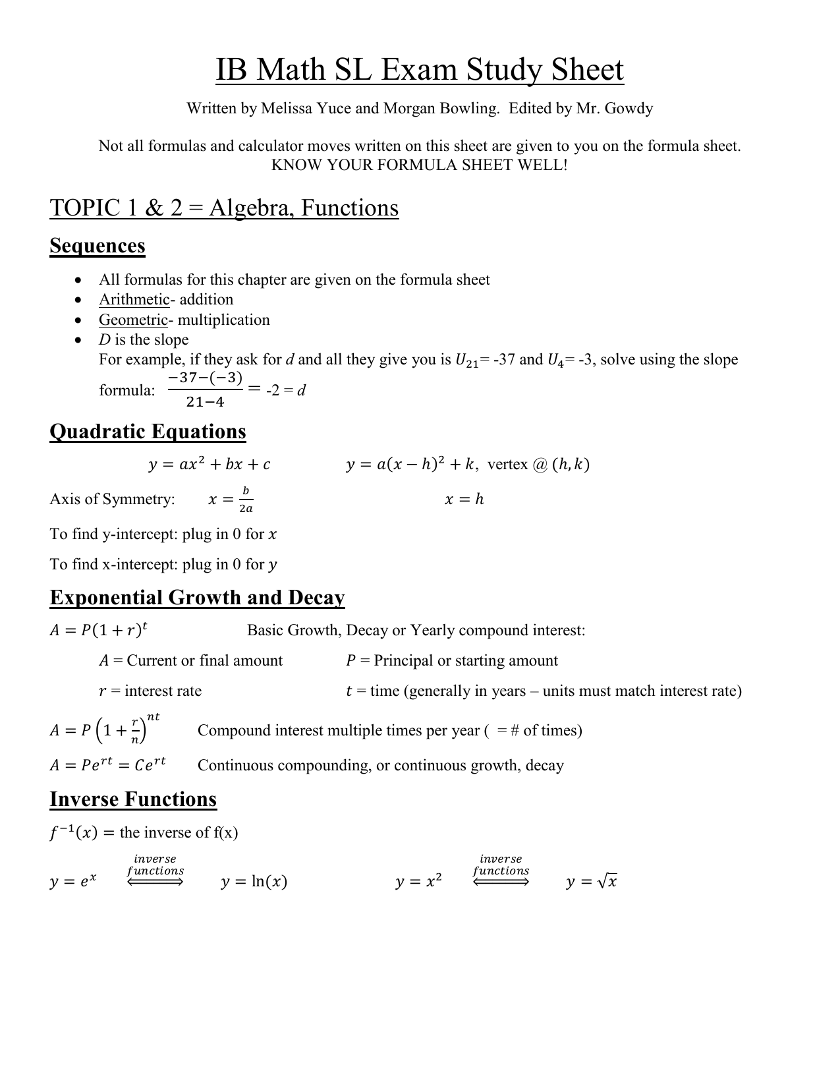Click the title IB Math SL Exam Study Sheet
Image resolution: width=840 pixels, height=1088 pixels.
[x=420, y=71]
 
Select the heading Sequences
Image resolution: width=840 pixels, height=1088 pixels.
[x=98, y=246]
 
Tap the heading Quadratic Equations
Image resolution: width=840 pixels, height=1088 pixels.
[x=148, y=432]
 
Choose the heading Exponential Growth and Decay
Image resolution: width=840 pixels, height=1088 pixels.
[x=197, y=598]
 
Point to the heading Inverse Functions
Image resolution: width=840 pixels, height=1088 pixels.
[x=133, y=799]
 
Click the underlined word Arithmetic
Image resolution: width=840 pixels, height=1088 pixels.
[x=134, y=300]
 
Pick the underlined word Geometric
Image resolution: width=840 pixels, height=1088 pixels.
[x=133, y=320]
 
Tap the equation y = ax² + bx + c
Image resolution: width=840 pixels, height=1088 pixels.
[x=210, y=465]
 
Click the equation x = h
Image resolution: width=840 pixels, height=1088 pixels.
[x=464, y=500]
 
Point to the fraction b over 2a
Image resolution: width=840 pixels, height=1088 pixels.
[x=246, y=500]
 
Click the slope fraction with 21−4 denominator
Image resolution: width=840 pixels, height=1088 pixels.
[x=206, y=390]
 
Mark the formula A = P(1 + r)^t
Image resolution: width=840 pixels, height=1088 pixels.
[x=99, y=631]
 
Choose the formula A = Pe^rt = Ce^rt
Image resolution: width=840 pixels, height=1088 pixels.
[x=108, y=765]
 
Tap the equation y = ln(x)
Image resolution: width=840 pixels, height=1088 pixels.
[x=254, y=882]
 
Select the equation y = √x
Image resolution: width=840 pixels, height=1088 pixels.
[x=591, y=882]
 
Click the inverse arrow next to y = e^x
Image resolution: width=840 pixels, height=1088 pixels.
[x=155, y=882]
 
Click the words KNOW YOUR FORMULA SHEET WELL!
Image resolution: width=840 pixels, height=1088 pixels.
[x=420, y=165]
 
